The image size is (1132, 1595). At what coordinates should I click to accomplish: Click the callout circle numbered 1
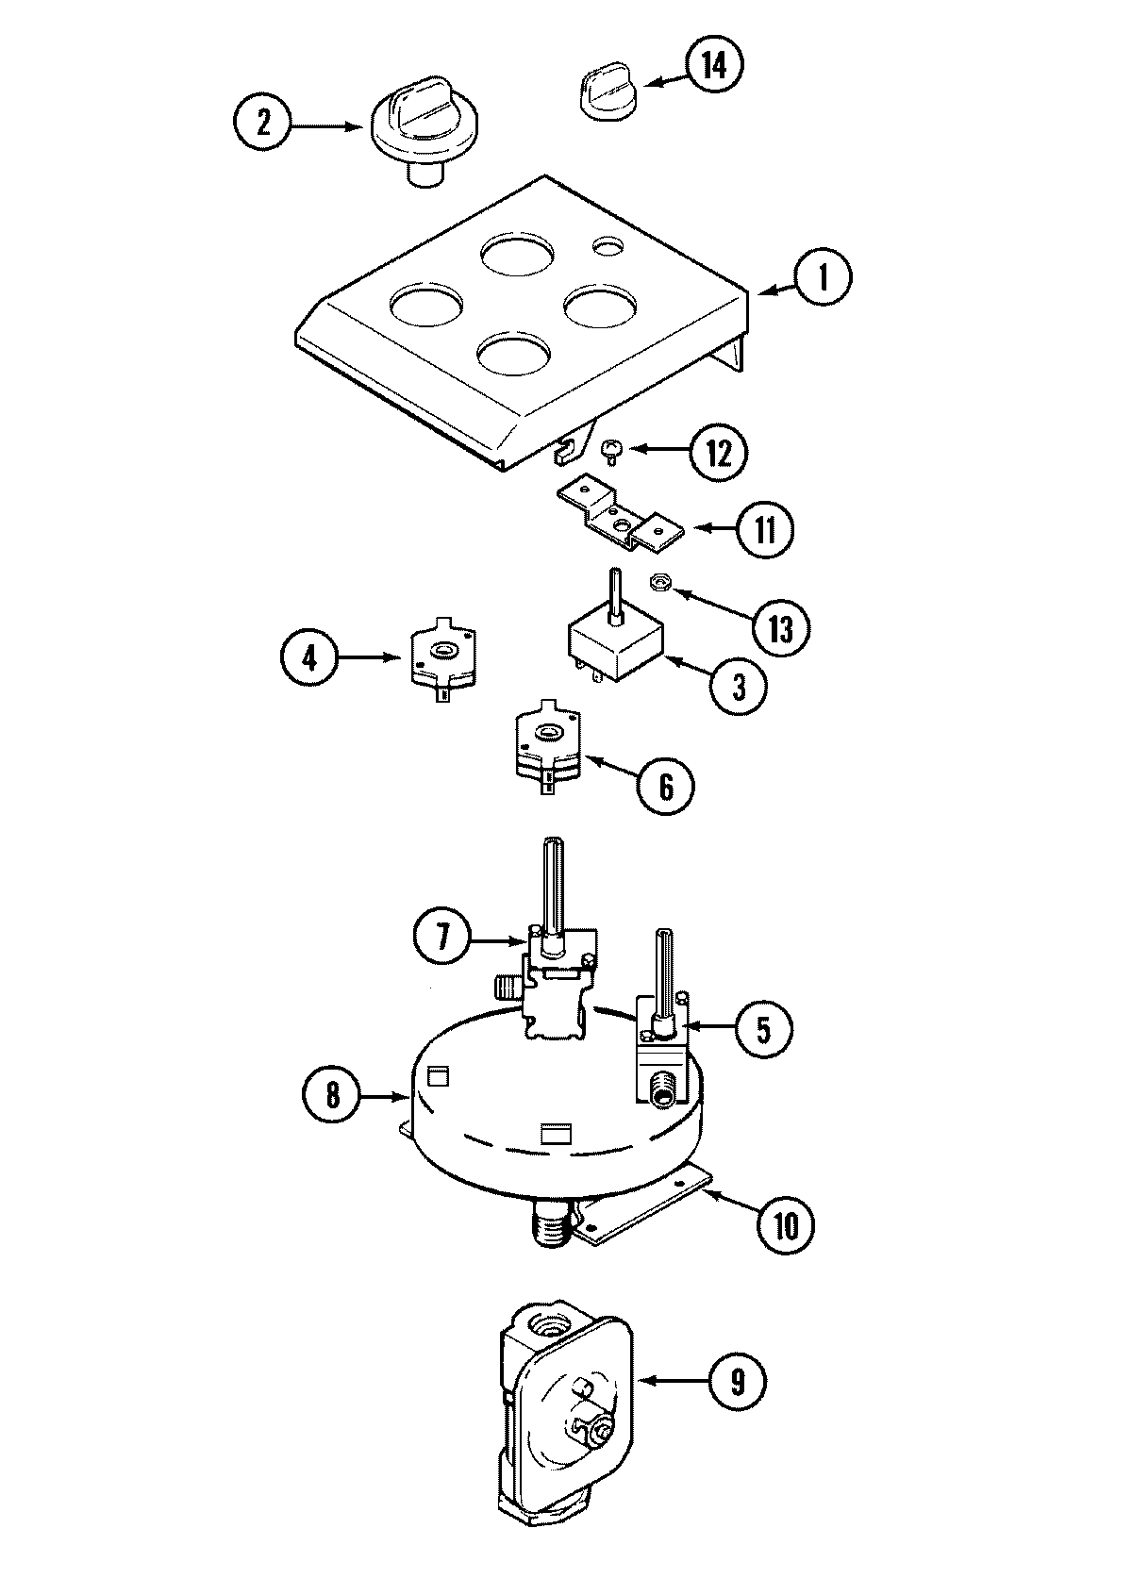point(822,280)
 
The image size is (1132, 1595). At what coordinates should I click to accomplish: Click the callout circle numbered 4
point(309,656)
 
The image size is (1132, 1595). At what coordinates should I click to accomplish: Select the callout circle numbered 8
point(331,1096)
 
